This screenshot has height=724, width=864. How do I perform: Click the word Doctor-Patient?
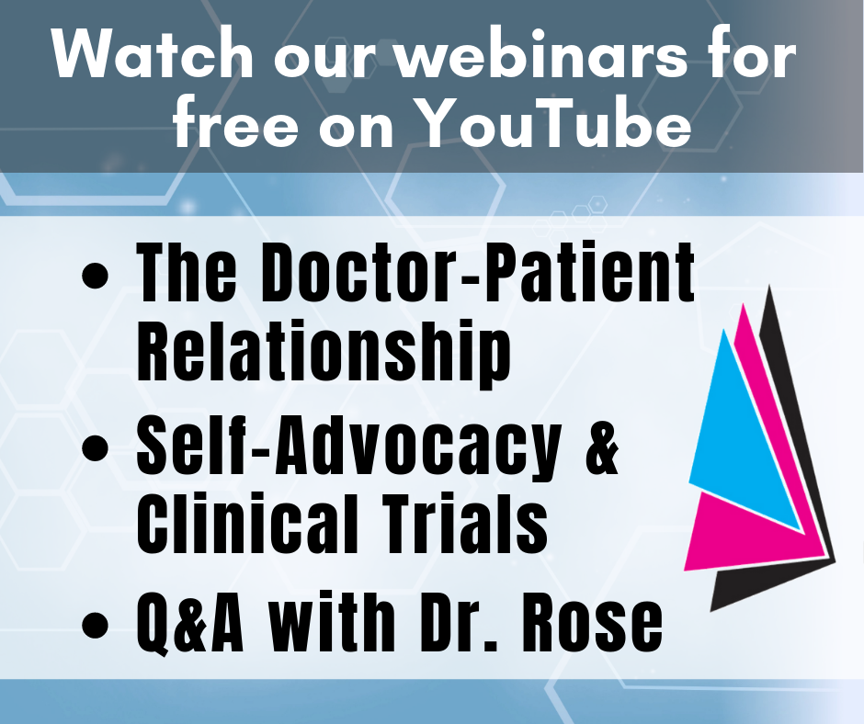[478, 272]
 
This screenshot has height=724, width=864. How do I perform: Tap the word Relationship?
[324, 352]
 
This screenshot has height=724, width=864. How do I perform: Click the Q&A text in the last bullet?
[190, 623]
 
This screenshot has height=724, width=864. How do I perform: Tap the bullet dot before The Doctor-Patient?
[95, 275]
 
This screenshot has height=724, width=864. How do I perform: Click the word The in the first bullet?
[187, 272]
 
